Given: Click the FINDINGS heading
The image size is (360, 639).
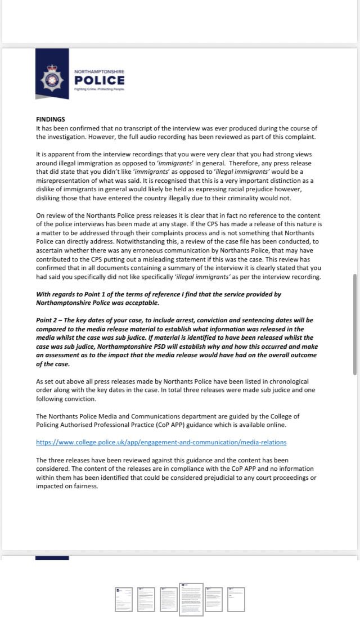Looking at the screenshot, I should (51, 119).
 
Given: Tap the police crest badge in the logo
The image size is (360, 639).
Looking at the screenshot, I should (52, 80).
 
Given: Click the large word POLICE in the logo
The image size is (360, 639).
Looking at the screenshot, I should (99, 80).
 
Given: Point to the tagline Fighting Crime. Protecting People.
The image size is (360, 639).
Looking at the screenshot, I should (99, 89).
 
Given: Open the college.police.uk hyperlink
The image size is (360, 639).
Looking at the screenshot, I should (161, 442).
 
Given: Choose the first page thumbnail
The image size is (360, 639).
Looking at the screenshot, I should (124, 600).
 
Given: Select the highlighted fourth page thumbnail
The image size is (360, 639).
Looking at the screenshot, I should (191, 600).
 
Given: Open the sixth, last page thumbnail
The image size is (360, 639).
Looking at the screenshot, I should (236, 600).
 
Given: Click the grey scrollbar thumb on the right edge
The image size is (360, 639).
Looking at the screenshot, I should (355, 325).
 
